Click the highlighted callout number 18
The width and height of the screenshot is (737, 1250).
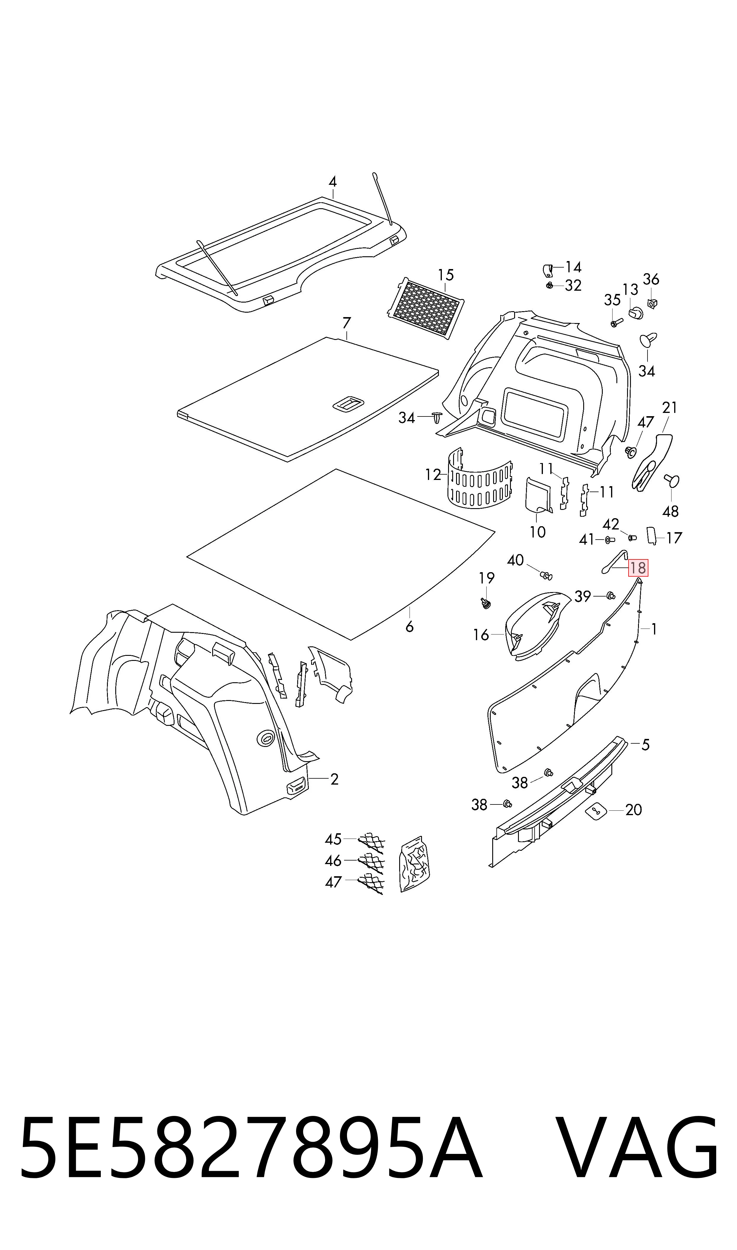point(638,567)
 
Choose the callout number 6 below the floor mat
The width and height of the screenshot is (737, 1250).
point(409,627)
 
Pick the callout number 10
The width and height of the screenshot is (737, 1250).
point(537,532)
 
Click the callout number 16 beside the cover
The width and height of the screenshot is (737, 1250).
point(481,635)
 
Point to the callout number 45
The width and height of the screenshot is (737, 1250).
point(333,839)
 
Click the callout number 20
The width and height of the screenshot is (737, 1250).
point(633,810)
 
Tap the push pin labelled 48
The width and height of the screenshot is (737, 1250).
point(672,480)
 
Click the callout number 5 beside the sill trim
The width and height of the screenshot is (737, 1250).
point(645,745)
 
